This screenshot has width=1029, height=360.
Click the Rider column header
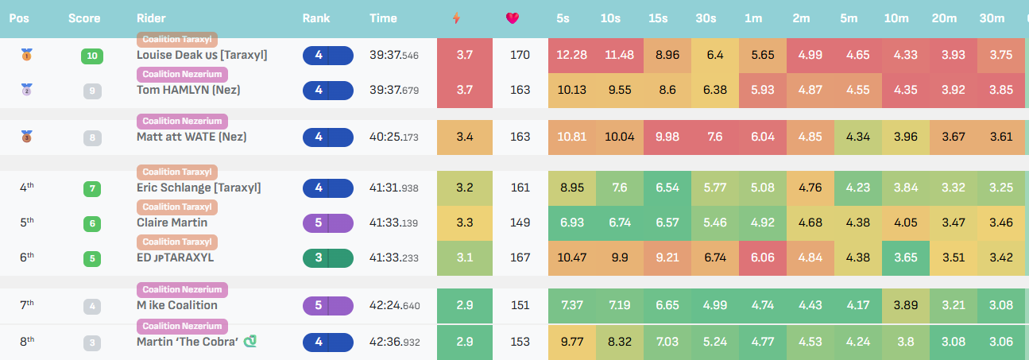(150, 18)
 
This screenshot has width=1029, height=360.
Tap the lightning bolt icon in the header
(455, 18)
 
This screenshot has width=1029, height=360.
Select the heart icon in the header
(513, 18)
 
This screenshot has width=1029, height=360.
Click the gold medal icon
(27, 56)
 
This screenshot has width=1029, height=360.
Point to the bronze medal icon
(27, 137)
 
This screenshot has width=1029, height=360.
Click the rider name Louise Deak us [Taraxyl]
(202, 56)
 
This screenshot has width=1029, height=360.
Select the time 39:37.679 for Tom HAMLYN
(393, 90)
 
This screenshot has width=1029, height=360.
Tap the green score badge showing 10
(93, 56)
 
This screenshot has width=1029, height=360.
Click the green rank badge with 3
(327, 257)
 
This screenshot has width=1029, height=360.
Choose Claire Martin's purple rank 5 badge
(327, 223)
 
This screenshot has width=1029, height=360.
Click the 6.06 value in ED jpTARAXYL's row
(763, 257)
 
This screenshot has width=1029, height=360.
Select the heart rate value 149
(520, 223)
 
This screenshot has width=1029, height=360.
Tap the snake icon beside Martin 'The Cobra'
(251, 341)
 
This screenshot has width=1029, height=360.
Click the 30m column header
(992, 18)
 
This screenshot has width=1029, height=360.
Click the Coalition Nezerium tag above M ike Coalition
(182, 290)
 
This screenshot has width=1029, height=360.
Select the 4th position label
(27, 188)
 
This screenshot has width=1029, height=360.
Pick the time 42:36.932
(394, 342)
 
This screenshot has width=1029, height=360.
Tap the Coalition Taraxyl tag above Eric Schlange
(177, 172)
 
